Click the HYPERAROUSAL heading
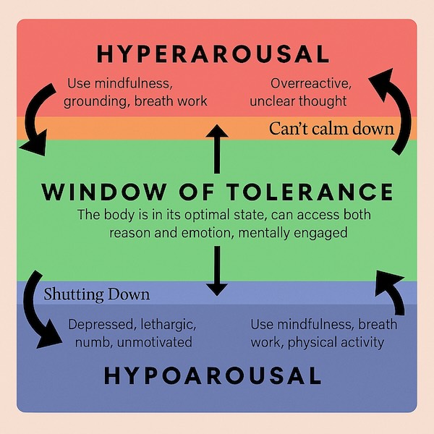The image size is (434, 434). coord(212,54)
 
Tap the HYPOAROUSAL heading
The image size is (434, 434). coord(212,375)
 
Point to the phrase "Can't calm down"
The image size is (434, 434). coord(331,129)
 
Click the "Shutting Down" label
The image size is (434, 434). coord(96,294)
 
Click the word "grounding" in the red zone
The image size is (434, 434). coord(96,101)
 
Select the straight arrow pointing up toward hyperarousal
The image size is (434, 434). coord(216,148)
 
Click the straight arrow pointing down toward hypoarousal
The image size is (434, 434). coord(216,271)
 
